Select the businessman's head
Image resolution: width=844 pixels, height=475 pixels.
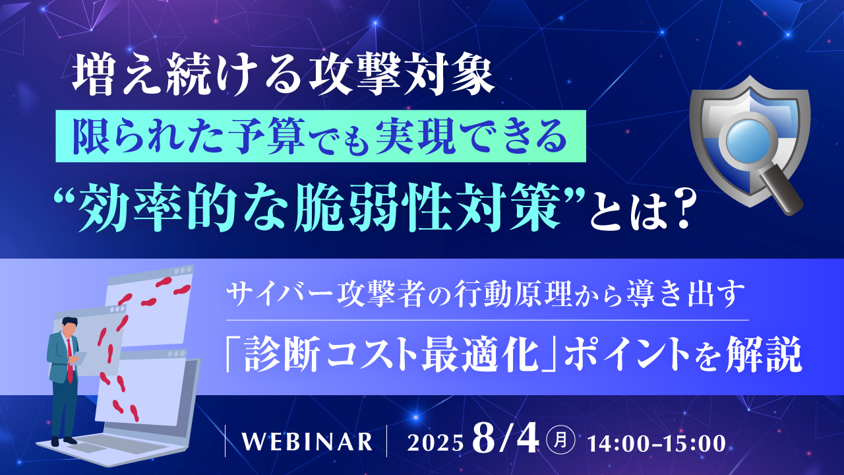(69, 326)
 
